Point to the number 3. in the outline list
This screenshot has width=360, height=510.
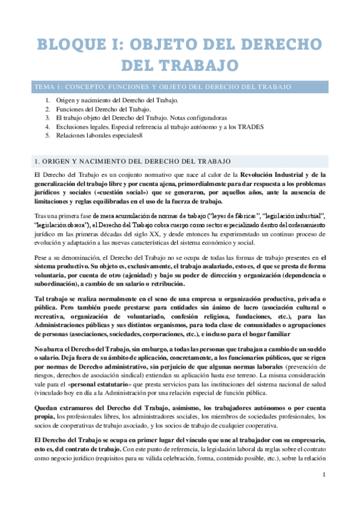click(47, 118)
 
